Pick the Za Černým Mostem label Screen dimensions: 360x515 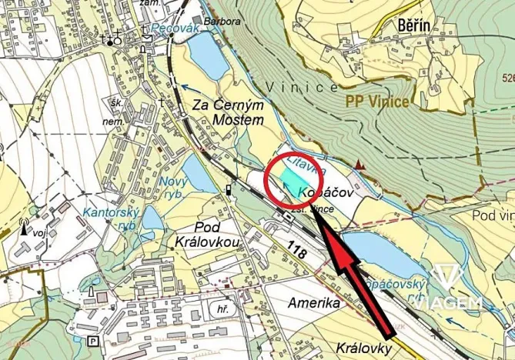228,111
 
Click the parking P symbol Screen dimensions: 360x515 94,341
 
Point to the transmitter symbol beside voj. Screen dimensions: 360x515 23,228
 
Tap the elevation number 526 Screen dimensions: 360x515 507,78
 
